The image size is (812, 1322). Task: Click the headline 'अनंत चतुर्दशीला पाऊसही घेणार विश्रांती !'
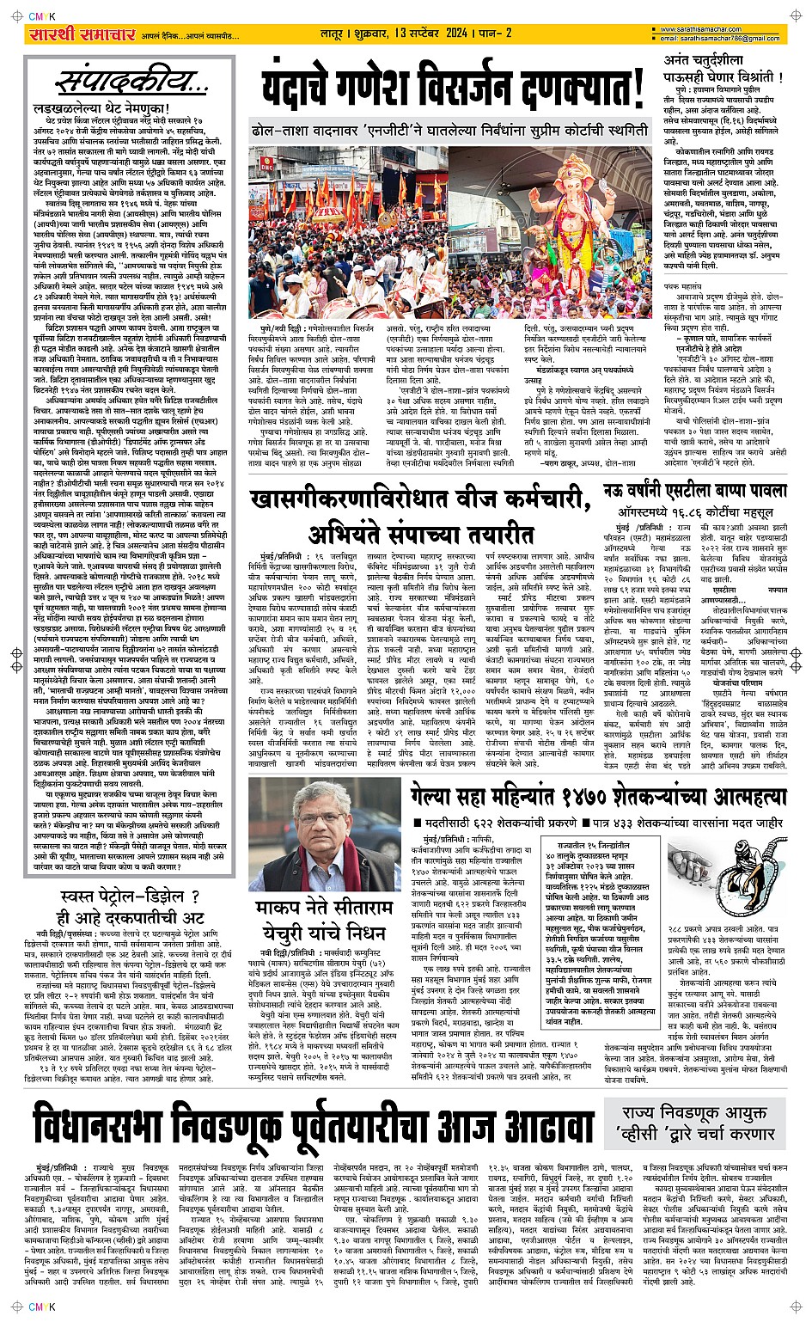point(723,69)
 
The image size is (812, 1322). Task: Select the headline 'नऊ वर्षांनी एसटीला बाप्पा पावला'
point(693,491)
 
